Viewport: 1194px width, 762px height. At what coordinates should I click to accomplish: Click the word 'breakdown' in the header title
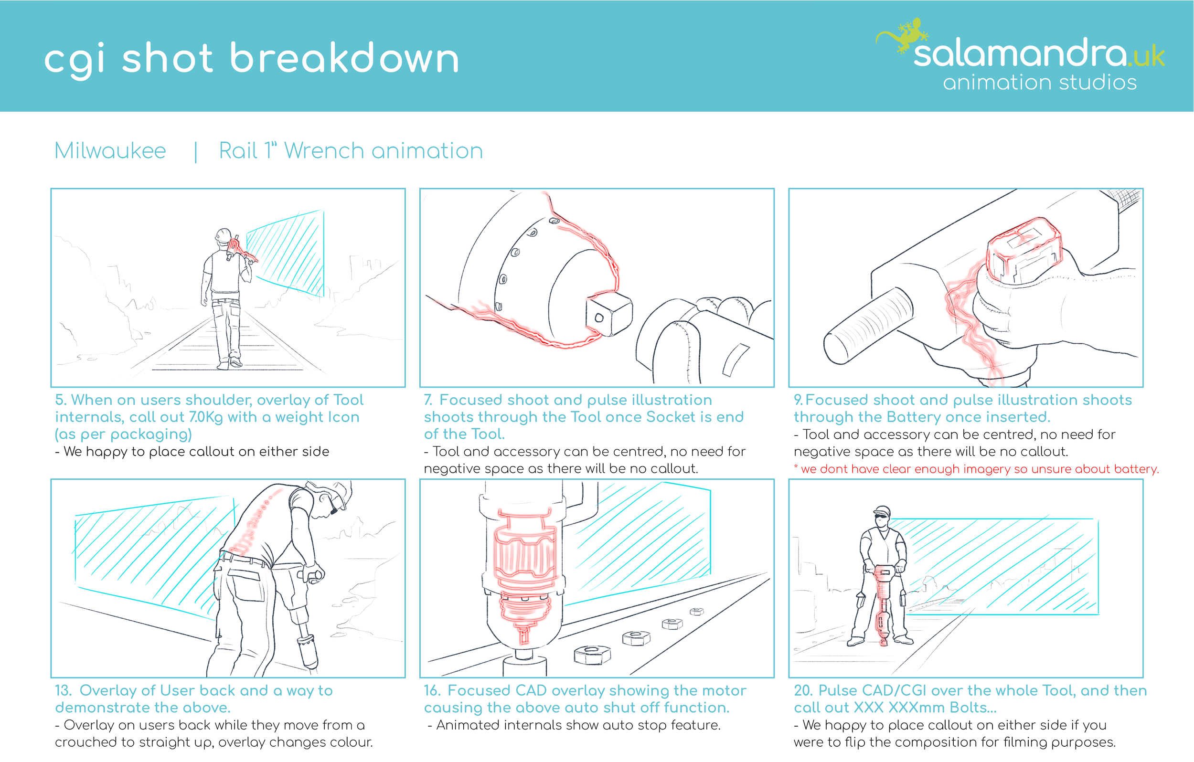pyautogui.click(x=344, y=59)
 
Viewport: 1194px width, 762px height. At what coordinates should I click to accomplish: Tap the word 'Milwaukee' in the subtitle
pyautogui.click(x=110, y=151)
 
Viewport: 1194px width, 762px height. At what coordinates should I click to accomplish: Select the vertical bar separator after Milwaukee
pyautogui.click(x=196, y=152)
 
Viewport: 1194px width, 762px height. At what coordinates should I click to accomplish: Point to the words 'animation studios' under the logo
pyautogui.click(x=1040, y=83)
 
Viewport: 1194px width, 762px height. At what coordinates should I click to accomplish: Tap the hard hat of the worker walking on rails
pyautogui.click(x=224, y=234)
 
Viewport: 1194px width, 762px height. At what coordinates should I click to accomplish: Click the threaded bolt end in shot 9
pyautogui.click(x=868, y=325)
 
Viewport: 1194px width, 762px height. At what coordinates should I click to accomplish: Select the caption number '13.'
pyautogui.click(x=64, y=690)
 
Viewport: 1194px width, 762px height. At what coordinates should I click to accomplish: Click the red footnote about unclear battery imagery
pyautogui.click(x=976, y=469)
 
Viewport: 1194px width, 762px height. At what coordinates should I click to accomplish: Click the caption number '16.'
pyautogui.click(x=432, y=690)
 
